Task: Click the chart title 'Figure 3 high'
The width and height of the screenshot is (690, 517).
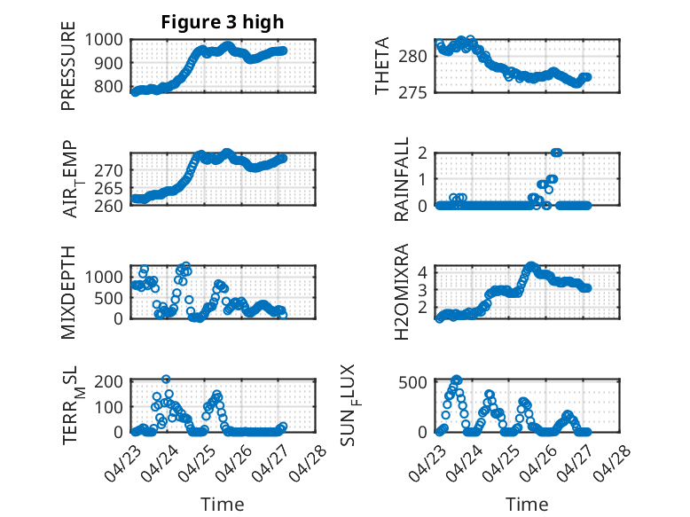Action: (x=223, y=22)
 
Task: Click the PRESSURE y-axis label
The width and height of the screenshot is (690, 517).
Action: (x=68, y=72)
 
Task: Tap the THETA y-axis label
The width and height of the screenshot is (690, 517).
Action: (x=382, y=67)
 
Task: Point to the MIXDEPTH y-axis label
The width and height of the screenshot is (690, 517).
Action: (x=68, y=292)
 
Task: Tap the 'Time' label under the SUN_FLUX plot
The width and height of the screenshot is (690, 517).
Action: (x=527, y=504)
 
